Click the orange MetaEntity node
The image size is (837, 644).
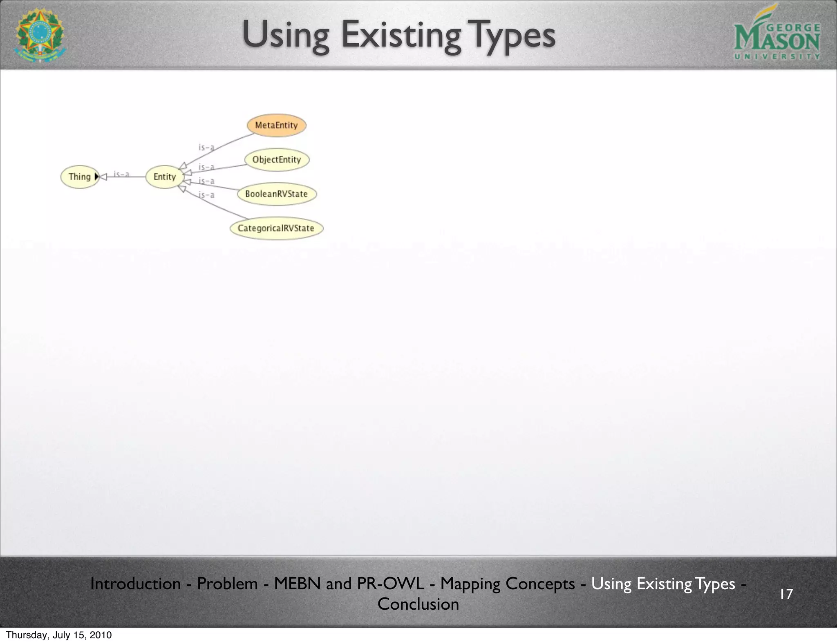point(276,125)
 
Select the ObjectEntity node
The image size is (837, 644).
point(277,159)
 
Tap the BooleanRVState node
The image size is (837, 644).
point(277,194)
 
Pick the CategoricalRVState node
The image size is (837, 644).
point(276,228)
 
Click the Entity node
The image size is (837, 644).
point(164,177)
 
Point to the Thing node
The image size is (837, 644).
point(79,177)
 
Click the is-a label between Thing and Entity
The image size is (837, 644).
point(121,174)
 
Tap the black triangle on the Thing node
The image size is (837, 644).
point(96,177)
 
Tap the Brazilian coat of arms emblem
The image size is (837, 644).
point(40,35)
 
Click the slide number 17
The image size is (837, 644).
point(786,594)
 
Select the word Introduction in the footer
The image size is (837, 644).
point(135,584)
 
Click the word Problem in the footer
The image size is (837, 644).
point(227,584)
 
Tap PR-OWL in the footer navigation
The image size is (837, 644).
point(390,584)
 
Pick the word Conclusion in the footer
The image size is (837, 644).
point(418,604)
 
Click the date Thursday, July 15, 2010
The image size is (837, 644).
point(58,635)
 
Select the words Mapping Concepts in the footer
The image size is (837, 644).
point(507,584)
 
